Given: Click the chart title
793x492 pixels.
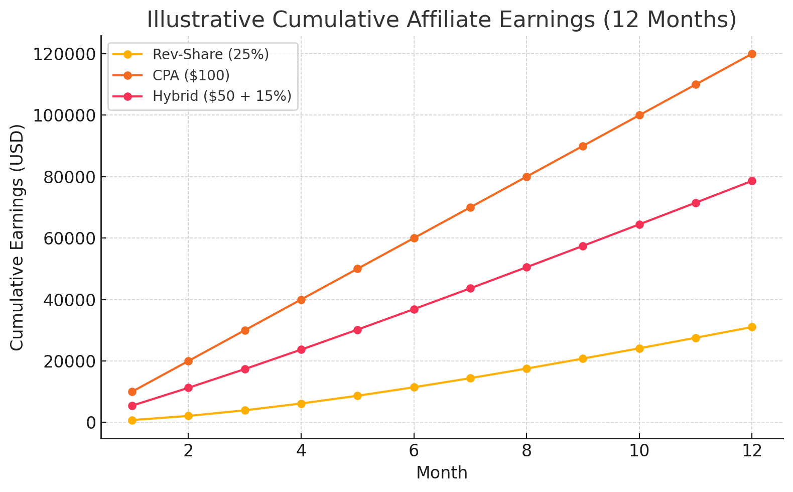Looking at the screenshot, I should pyautogui.click(x=441, y=20).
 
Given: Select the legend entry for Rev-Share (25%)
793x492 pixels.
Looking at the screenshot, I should pyautogui.click(x=210, y=54).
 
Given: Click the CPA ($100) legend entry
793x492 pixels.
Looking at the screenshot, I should pyautogui.click(x=191, y=75).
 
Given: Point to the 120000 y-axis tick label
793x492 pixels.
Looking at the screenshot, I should pyautogui.click(x=64, y=54).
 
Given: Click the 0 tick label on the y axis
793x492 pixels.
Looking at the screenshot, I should pyautogui.click(x=90, y=423).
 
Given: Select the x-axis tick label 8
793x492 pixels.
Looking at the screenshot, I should pyautogui.click(x=526, y=451).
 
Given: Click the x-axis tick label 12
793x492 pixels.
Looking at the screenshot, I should pyautogui.click(x=751, y=451).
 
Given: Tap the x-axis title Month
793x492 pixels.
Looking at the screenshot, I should pyautogui.click(x=442, y=473).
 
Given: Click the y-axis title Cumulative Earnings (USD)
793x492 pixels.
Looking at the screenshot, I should pyautogui.click(x=18, y=237).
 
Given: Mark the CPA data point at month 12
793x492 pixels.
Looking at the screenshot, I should pyautogui.click(x=752, y=54).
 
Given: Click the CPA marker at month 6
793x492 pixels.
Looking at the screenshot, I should pyautogui.click(x=414, y=238).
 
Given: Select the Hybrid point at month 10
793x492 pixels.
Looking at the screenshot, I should pyautogui.click(x=639, y=224).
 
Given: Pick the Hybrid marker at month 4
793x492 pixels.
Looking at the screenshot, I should pyautogui.click(x=301, y=349).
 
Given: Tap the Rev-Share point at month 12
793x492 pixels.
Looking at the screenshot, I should pyautogui.click(x=752, y=327).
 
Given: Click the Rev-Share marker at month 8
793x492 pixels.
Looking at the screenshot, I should pyautogui.click(x=526, y=368).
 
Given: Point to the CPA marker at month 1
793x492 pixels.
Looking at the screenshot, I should pyautogui.click(x=132, y=392).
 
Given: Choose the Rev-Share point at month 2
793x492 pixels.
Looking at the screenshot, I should pyautogui.click(x=188, y=416).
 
